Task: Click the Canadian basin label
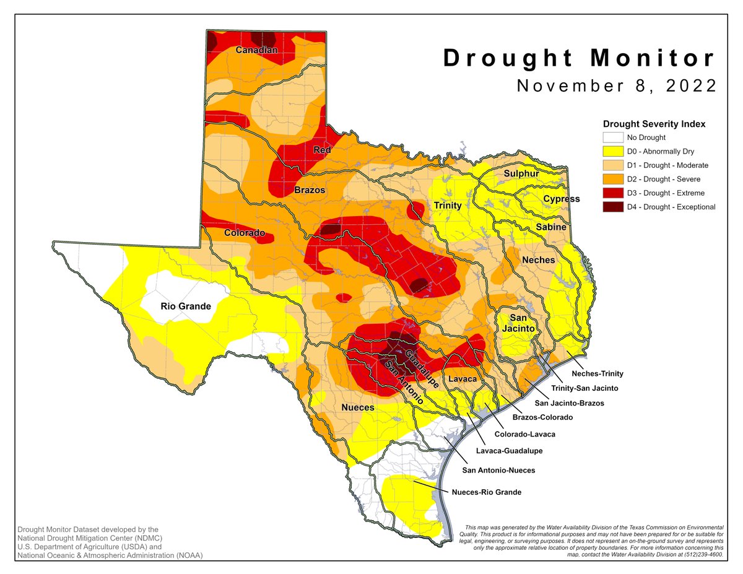coord(256,50)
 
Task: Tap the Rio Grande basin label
coord(186,306)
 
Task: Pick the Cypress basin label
coord(561,199)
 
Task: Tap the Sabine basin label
coord(551,227)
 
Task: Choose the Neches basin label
coord(539,260)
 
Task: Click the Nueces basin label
coord(358,407)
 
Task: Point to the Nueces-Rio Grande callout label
coord(486,492)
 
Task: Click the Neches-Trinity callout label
coord(597,373)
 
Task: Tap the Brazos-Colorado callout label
coord(542,417)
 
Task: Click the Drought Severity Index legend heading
coord(654,124)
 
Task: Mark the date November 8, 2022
coord(617,85)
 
